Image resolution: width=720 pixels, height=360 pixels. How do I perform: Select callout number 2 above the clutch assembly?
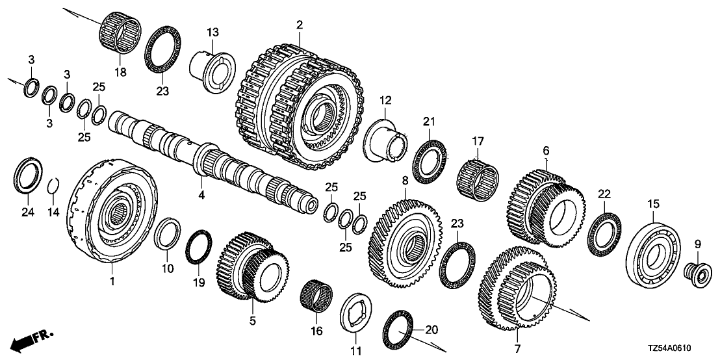299,25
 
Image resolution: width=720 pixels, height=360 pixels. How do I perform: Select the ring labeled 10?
168,233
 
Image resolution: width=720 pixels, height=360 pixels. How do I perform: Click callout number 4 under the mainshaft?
201,194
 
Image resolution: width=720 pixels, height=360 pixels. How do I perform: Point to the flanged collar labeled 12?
387,138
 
